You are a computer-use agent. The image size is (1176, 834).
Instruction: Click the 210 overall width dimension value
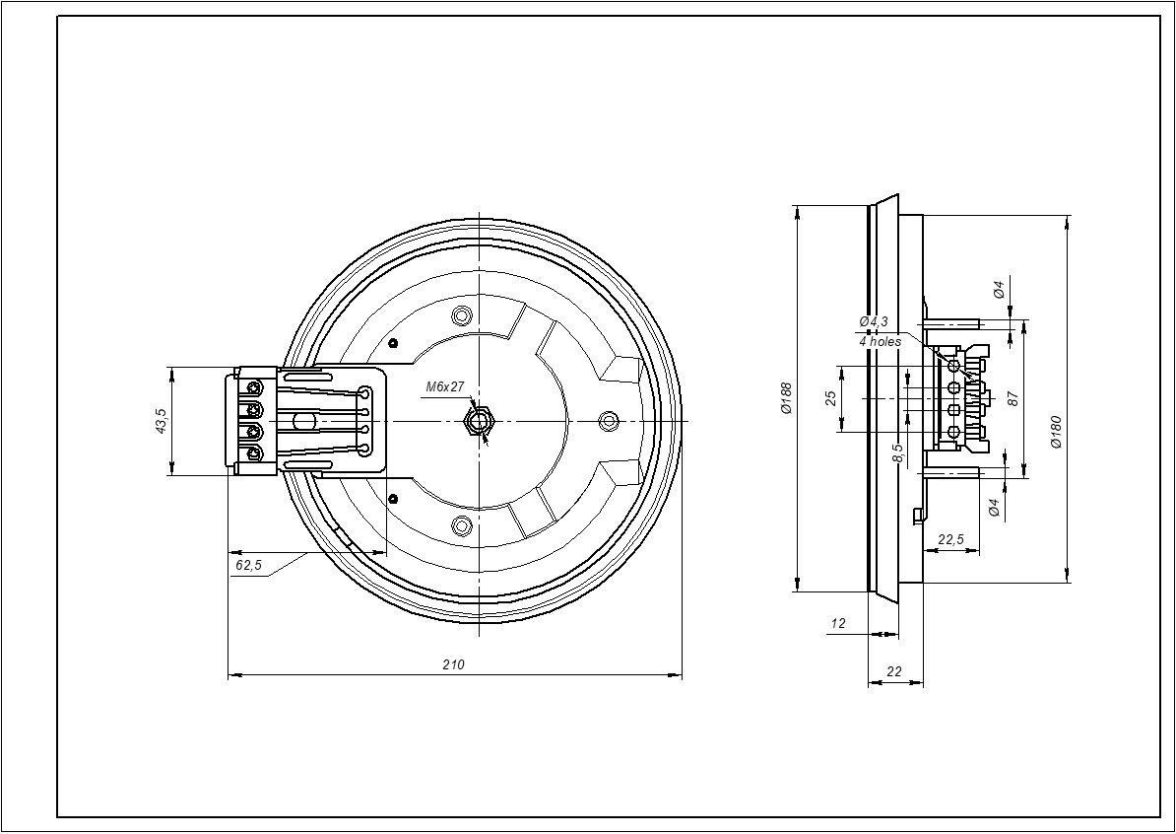453,665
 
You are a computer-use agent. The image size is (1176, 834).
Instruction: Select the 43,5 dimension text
161,421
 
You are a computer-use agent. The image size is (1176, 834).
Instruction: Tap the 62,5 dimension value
249,565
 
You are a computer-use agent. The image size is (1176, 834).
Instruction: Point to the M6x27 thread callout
445,387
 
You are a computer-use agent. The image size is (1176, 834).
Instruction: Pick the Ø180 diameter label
1056,431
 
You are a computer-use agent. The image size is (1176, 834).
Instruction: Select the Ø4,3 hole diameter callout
874,321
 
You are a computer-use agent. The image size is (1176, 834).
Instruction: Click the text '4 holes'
881,341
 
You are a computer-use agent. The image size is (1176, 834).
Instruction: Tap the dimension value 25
830,398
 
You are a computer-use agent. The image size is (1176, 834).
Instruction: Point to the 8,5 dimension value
896,452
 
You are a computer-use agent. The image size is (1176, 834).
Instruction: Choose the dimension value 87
1013,398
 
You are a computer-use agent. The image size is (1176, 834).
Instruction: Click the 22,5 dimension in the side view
951,539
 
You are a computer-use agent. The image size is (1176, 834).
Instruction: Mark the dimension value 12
838,624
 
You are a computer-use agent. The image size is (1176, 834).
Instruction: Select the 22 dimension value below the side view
894,671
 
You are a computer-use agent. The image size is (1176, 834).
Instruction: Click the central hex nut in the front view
479,422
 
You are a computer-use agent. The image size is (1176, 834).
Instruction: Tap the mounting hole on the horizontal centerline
610,421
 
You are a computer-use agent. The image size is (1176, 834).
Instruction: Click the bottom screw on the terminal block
255,453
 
